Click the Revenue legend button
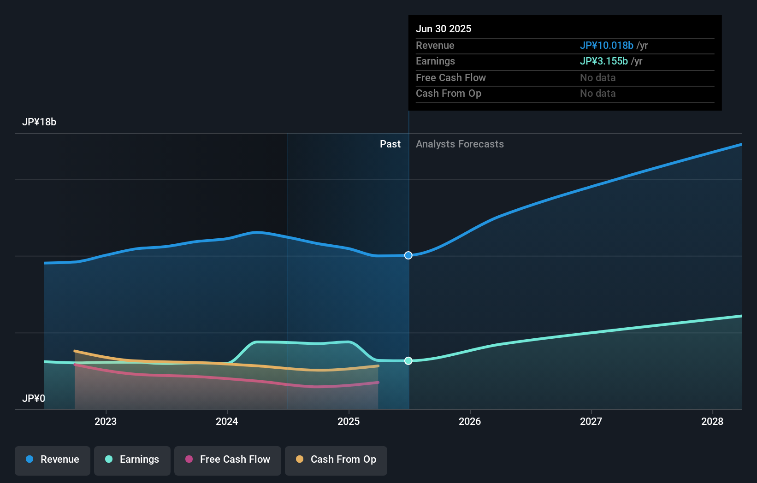[x=53, y=460]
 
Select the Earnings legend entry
[x=132, y=460]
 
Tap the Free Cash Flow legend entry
[x=228, y=460]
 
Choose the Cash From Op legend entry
[x=336, y=460]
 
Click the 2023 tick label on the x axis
[x=106, y=421]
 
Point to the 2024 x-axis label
[x=227, y=421]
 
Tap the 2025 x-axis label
[x=349, y=421]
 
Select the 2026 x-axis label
[x=470, y=421]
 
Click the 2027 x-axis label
[x=591, y=421]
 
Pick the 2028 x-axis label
[x=712, y=421]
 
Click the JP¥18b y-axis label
[x=39, y=122]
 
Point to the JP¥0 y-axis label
[x=34, y=398]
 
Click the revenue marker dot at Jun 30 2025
[x=408, y=255]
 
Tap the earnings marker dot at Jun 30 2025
[x=408, y=361]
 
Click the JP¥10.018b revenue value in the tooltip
[x=606, y=46]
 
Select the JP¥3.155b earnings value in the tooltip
[x=603, y=61]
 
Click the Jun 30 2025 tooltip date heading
[x=444, y=29]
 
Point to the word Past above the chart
[x=390, y=144]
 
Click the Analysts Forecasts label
[x=460, y=144]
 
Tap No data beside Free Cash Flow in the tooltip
[x=597, y=78]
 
